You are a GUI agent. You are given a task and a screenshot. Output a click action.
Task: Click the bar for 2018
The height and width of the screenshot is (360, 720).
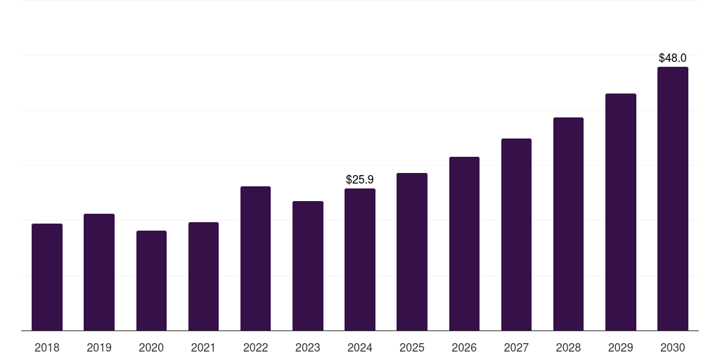click(47, 277)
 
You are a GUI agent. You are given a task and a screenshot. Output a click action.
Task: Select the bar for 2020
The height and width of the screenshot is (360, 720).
click(151, 281)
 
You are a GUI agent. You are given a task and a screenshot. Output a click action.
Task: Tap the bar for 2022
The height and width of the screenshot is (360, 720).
click(255, 258)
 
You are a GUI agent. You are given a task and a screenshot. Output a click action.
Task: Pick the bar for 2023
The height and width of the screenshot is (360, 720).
click(308, 266)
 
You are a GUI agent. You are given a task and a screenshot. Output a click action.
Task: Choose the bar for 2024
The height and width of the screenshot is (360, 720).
click(360, 259)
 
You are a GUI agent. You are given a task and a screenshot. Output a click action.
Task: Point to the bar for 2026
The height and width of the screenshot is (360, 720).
click(464, 243)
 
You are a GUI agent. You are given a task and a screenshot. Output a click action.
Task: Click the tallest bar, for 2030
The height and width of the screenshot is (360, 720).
click(673, 198)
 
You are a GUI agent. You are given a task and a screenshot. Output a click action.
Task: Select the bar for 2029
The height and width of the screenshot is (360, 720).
click(621, 212)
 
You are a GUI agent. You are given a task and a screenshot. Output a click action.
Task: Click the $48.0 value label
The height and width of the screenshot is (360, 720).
click(673, 58)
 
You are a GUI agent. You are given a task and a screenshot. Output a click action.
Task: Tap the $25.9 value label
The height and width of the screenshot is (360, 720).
click(360, 180)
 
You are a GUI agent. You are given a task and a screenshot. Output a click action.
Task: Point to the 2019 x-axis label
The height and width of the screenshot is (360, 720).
click(99, 347)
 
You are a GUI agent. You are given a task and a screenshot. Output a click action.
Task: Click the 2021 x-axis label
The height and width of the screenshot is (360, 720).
click(203, 347)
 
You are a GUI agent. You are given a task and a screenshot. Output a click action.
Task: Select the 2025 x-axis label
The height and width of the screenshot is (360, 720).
click(412, 347)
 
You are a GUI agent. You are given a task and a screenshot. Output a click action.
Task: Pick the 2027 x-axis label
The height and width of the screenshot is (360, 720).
click(516, 347)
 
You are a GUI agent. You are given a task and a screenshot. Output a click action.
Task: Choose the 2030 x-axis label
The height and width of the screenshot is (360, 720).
click(673, 347)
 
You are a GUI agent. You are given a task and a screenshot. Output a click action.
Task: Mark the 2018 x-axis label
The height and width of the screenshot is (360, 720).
click(47, 347)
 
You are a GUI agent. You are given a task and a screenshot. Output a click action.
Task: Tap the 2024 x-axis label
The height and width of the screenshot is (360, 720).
click(360, 347)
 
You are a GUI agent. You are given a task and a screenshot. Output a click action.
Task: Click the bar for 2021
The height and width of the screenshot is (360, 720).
click(203, 276)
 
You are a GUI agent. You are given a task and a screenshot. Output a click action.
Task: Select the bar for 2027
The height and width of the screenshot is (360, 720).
click(516, 234)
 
